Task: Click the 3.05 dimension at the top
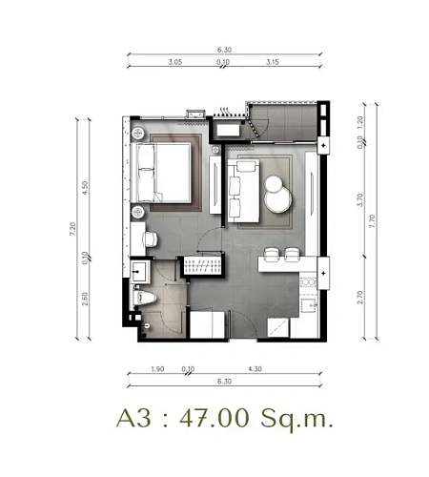[x=175, y=62]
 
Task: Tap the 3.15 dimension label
[x=273, y=62]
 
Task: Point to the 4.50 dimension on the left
[x=85, y=188]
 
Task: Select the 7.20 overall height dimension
[x=72, y=229]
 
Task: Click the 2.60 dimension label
[x=85, y=299]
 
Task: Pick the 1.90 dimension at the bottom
[x=157, y=369]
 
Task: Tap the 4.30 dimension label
[x=255, y=369]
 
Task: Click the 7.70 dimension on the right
[x=372, y=221]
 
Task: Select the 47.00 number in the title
[x=214, y=418]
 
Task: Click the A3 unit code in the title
[x=133, y=418]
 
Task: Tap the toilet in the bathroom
[x=145, y=298]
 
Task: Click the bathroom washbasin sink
[x=140, y=272]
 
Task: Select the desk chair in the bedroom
[x=151, y=238]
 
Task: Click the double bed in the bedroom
[x=161, y=173]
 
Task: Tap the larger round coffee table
[x=277, y=199]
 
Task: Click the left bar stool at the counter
[x=272, y=254]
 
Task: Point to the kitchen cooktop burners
[x=308, y=282]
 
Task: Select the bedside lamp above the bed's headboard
[x=138, y=134]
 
